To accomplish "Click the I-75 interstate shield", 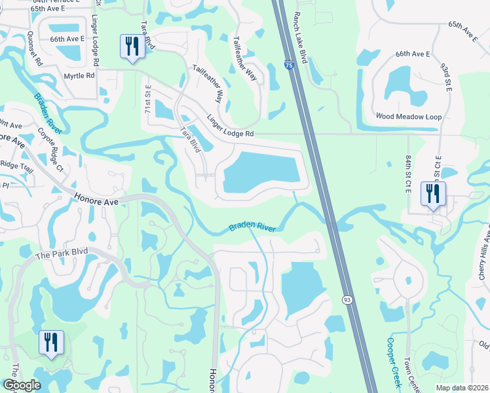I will (x=289, y=65).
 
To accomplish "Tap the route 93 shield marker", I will (x=345, y=299).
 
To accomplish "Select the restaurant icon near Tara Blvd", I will (x=132, y=47).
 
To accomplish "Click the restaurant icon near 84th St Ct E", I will (x=433, y=194).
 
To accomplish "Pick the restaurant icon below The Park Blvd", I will (x=50, y=342).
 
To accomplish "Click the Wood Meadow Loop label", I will (x=409, y=117).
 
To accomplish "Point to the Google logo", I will (x=22, y=384).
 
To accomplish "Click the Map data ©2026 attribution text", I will (x=462, y=388).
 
